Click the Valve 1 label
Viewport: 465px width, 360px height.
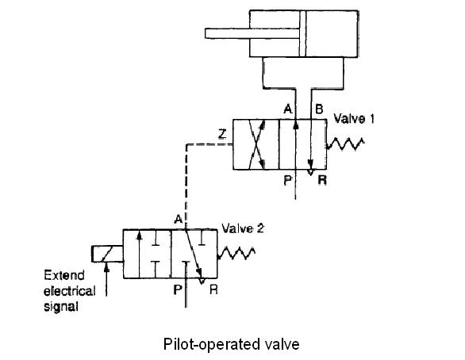coord(354,119)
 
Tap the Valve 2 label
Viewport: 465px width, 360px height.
coord(243,228)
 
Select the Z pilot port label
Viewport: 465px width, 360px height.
coord(222,135)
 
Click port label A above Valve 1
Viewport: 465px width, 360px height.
coord(288,109)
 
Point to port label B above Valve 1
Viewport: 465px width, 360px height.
coord(319,109)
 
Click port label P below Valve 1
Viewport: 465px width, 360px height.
coord(288,180)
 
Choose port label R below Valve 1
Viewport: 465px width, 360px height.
coord(322,180)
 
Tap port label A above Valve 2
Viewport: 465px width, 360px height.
coord(178,220)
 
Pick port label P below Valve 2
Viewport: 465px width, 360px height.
coord(177,289)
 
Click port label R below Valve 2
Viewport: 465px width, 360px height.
coord(213,289)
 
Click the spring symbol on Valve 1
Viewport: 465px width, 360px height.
coord(345,144)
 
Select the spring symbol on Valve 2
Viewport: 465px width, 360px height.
coord(236,253)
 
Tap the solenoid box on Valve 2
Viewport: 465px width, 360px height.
coord(107,254)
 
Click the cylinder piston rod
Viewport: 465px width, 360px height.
coord(252,33)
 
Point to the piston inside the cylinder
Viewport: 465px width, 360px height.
coord(302,33)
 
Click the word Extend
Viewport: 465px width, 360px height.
coord(64,275)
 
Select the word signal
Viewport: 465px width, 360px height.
coord(61,306)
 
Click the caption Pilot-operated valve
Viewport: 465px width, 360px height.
coord(232,344)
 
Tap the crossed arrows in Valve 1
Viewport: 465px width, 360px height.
coord(257,144)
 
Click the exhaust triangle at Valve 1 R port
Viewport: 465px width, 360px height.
coord(310,172)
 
